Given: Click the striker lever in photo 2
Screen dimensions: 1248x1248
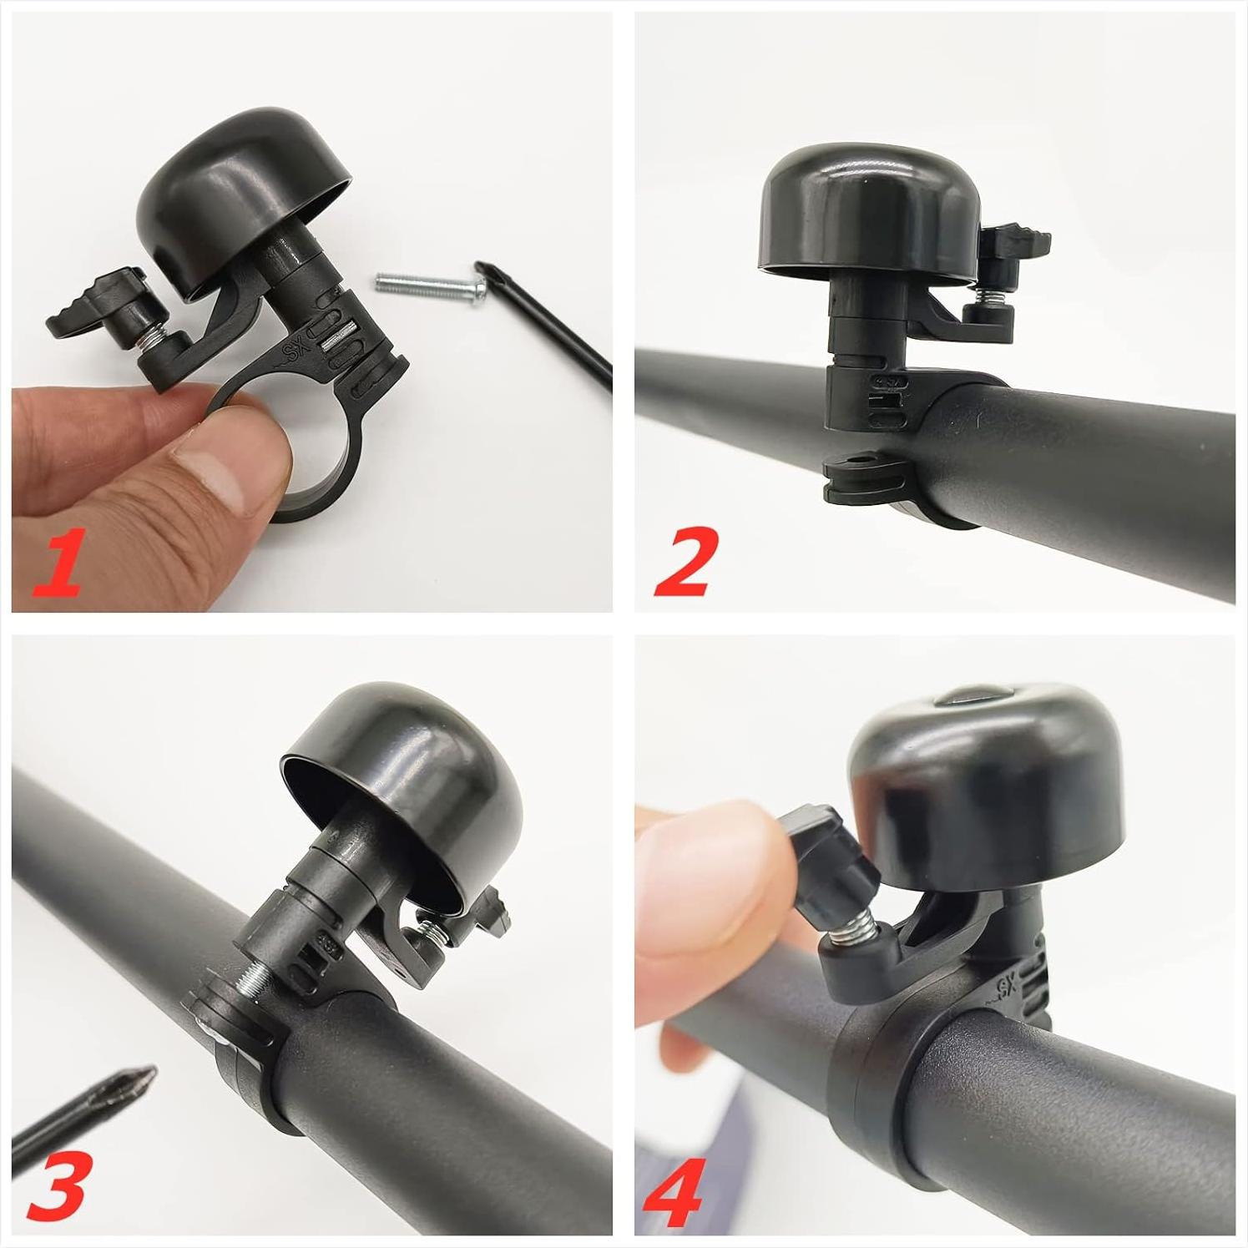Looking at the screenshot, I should (x=1014, y=245).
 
